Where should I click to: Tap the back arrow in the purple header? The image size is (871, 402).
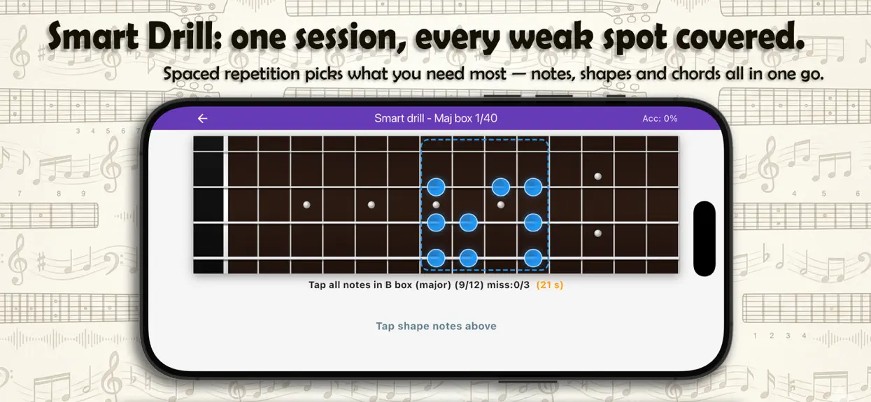pyautogui.click(x=203, y=118)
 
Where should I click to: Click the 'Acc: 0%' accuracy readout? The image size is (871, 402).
pyautogui.click(x=660, y=118)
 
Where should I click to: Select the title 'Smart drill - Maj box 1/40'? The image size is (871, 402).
pyautogui.click(x=435, y=118)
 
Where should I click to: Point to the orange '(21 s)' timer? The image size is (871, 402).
pyautogui.click(x=549, y=285)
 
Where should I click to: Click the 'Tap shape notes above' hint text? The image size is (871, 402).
pyautogui.click(x=436, y=326)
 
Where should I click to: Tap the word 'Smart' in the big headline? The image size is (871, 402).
pyautogui.click(x=93, y=36)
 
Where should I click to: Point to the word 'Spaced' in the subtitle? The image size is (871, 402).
pyautogui.click(x=191, y=73)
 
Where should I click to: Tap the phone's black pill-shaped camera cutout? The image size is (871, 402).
pyautogui.click(x=704, y=238)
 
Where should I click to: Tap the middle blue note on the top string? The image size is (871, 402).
pyautogui.click(x=500, y=187)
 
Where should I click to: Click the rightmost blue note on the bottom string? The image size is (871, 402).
pyautogui.click(x=532, y=258)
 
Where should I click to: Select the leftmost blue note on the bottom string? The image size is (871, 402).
pyautogui.click(x=436, y=258)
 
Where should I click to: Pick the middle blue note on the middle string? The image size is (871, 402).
pyautogui.click(x=468, y=223)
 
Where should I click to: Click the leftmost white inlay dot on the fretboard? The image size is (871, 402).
pyautogui.click(x=306, y=205)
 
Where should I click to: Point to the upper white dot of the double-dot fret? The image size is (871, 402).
pyautogui.click(x=597, y=176)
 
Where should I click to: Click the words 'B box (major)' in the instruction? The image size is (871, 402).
pyautogui.click(x=418, y=285)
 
